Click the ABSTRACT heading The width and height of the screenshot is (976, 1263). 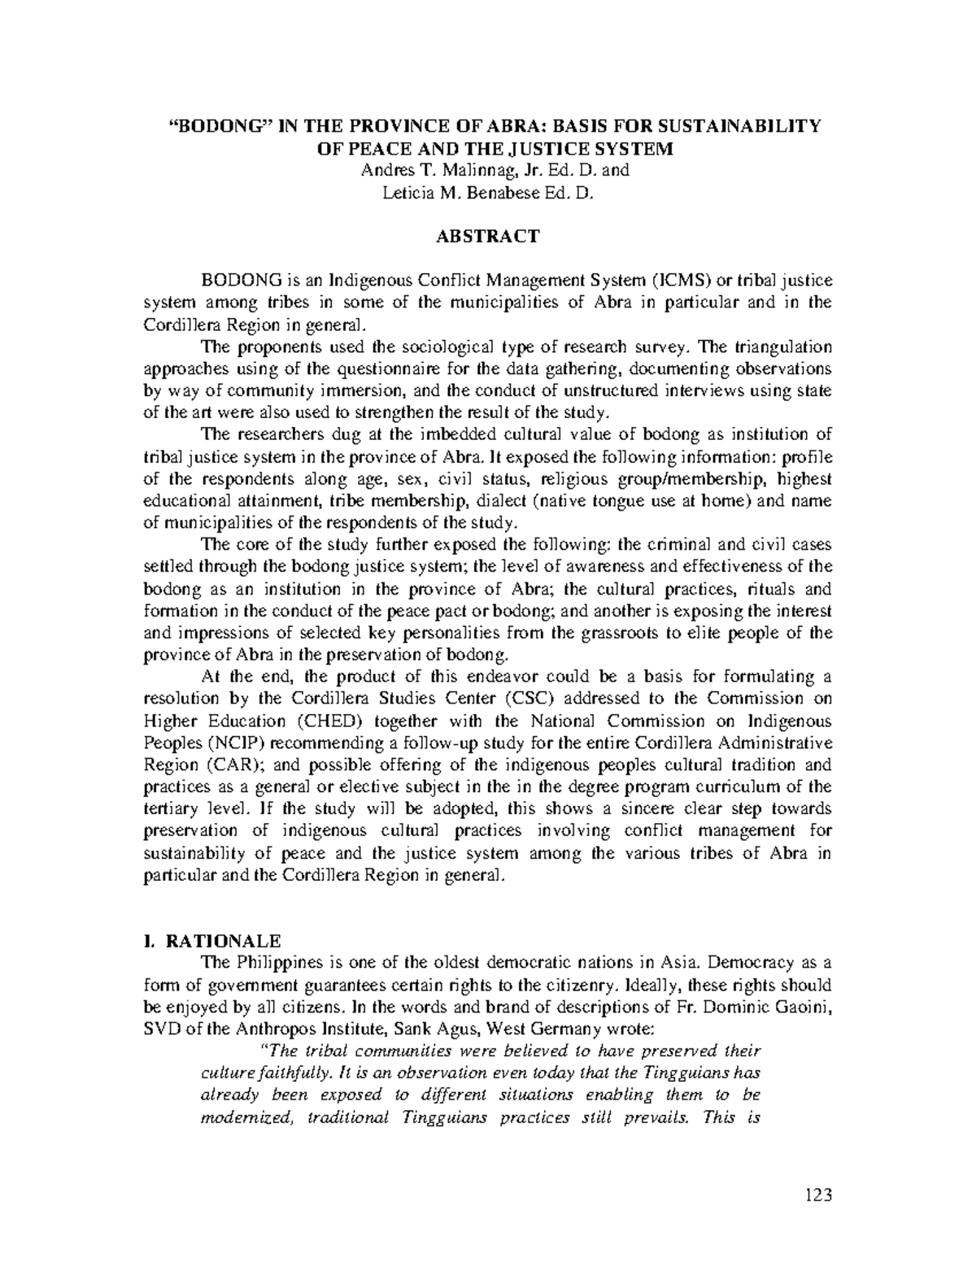(x=487, y=237)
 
